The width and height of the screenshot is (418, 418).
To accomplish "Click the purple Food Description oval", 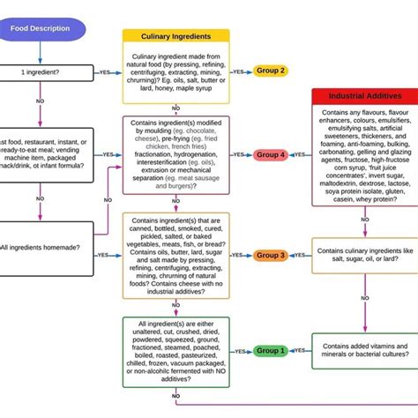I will pyautogui.click(x=41, y=27).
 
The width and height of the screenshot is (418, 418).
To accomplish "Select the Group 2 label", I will pyautogui.click(x=271, y=71).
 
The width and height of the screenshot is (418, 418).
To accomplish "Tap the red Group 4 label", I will pyautogui.click(x=271, y=154).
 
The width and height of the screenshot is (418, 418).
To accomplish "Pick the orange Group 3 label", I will pyautogui.click(x=271, y=255).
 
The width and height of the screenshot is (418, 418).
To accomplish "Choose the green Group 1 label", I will pyautogui.click(x=271, y=350).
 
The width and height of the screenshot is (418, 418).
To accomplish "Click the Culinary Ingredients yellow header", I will pyautogui.click(x=175, y=36).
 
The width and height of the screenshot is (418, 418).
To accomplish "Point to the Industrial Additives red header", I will pyautogui.click(x=364, y=94).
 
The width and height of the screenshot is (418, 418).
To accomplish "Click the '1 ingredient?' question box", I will pyautogui.click(x=35, y=71).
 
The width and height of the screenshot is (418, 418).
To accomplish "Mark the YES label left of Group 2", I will pyautogui.click(x=108, y=71).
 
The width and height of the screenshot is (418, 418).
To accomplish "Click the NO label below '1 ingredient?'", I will pyautogui.click(x=40, y=101).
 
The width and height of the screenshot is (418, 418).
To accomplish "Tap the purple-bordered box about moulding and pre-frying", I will pyautogui.click(x=175, y=154).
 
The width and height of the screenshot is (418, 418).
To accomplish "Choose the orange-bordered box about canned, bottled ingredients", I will pyautogui.click(x=175, y=255).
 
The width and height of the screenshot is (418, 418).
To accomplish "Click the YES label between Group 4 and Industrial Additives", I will pyautogui.click(x=300, y=154).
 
